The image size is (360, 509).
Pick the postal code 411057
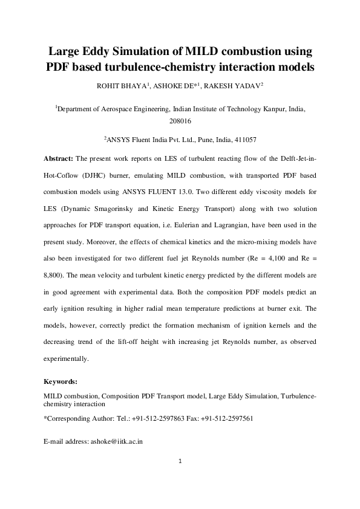click(244, 140)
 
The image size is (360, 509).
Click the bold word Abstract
click(58, 158)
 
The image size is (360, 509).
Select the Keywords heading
click(61, 382)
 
